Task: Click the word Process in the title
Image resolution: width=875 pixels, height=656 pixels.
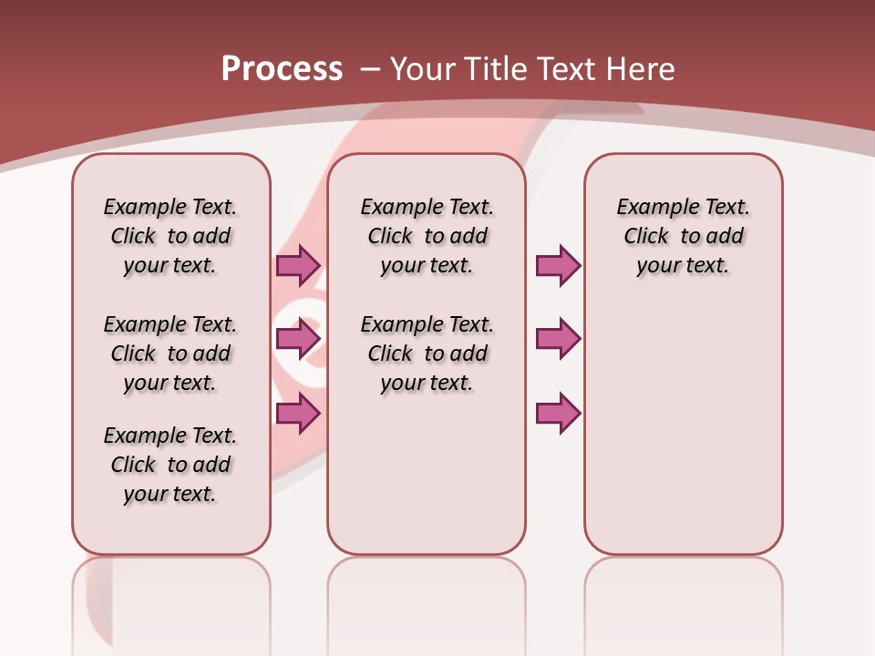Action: coord(282,68)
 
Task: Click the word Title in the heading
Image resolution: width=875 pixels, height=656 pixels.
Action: coord(497,68)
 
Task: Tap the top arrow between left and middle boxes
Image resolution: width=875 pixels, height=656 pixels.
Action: coord(298,265)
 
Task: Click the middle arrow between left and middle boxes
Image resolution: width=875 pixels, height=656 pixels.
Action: coord(298,339)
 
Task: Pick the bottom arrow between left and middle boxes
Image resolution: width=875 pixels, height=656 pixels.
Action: coord(298,414)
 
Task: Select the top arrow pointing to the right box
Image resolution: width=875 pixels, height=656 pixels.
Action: coord(558,265)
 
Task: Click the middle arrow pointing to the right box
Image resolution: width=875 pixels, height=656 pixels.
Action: coord(558,339)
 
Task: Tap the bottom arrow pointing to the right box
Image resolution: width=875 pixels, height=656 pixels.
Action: coord(558,414)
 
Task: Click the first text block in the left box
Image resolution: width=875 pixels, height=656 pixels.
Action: coord(170,236)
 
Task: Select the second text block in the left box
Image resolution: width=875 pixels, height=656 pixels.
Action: coord(170,354)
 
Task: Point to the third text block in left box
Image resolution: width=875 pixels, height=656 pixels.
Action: coord(170,465)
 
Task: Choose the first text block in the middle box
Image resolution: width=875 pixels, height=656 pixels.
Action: coord(427,236)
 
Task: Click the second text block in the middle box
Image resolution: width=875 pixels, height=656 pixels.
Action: coord(427,354)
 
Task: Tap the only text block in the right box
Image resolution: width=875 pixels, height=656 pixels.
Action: coord(683,236)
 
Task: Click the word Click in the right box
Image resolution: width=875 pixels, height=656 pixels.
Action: coord(646,236)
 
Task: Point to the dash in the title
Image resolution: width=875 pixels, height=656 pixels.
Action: coord(370,68)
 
